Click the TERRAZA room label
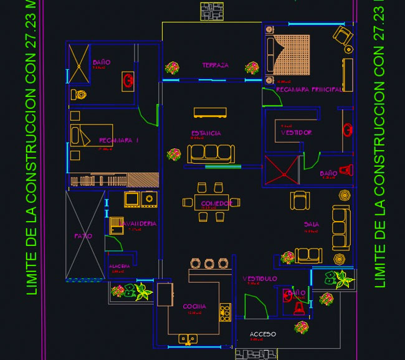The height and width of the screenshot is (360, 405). pos(215,65)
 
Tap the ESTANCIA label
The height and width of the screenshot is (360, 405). pos(206,133)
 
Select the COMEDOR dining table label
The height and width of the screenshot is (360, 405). pos(216,204)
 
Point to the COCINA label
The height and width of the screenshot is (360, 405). pos(194,306)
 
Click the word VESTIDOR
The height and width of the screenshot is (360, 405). pos(296,133)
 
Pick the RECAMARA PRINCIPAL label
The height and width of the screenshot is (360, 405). pos(308,90)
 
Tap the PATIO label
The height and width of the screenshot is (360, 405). pos(83,236)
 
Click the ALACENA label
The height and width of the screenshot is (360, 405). pos(119,266)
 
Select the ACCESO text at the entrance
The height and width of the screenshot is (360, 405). pos(262,334)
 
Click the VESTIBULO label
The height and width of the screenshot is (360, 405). pos(259,278)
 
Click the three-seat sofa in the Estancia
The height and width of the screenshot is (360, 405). pos(210,153)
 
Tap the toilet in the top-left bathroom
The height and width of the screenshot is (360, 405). pos(79,95)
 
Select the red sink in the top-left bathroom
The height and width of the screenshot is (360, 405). pos(128,79)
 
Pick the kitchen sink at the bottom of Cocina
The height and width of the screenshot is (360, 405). pos(188,339)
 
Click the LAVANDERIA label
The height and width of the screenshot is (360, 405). pos(139,223)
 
